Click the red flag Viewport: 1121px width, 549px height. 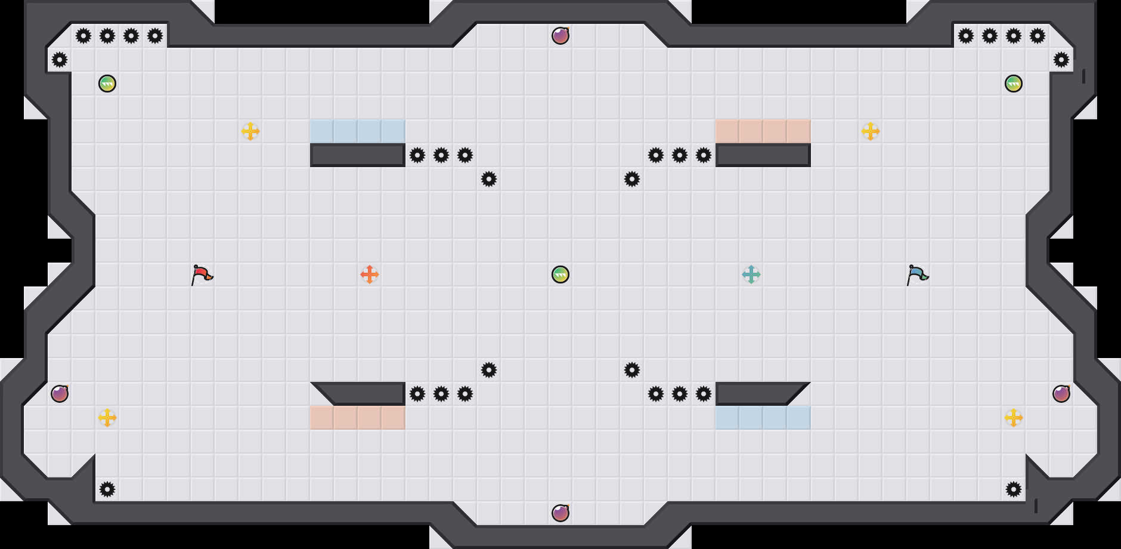(202, 274)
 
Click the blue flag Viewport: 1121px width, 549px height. (917, 274)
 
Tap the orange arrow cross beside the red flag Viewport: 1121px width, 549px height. (370, 274)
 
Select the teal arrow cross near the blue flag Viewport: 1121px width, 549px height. (751, 274)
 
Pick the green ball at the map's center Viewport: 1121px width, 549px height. (560, 274)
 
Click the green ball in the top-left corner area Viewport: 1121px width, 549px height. (107, 84)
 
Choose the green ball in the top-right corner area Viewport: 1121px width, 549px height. (1014, 84)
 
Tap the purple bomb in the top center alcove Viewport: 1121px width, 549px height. (560, 36)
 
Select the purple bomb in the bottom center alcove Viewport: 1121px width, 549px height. (560, 513)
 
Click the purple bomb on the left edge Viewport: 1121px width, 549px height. (60, 394)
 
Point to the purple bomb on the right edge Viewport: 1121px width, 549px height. (1061, 394)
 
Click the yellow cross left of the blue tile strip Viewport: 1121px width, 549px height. (250, 131)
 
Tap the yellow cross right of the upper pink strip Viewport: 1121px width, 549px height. (871, 131)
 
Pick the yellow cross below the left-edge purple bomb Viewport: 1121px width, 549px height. (107, 418)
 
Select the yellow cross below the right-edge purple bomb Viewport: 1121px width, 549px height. (1014, 418)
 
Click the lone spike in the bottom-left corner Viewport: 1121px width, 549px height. (107, 489)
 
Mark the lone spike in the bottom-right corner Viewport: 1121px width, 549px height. (1014, 489)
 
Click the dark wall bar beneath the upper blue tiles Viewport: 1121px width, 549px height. (358, 155)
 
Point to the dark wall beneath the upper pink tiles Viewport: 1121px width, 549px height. (763, 155)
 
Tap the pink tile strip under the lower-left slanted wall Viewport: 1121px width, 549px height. (358, 418)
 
